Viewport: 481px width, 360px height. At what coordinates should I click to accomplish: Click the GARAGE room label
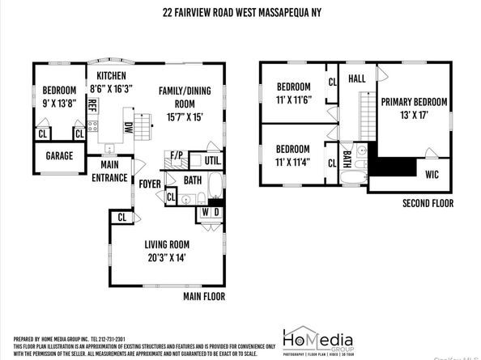58,156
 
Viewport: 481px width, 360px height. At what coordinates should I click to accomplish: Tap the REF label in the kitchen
92,107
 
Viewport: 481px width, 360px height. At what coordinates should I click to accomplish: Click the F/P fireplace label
177,154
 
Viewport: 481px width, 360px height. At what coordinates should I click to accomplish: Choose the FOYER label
150,184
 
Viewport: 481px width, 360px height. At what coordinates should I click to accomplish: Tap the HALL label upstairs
358,79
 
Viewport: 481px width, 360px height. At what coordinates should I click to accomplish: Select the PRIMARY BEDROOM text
415,102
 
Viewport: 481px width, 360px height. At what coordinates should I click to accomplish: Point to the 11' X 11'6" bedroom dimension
293,100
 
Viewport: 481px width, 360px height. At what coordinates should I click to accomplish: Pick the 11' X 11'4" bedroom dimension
293,162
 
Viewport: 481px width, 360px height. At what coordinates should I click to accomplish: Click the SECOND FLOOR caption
427,204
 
